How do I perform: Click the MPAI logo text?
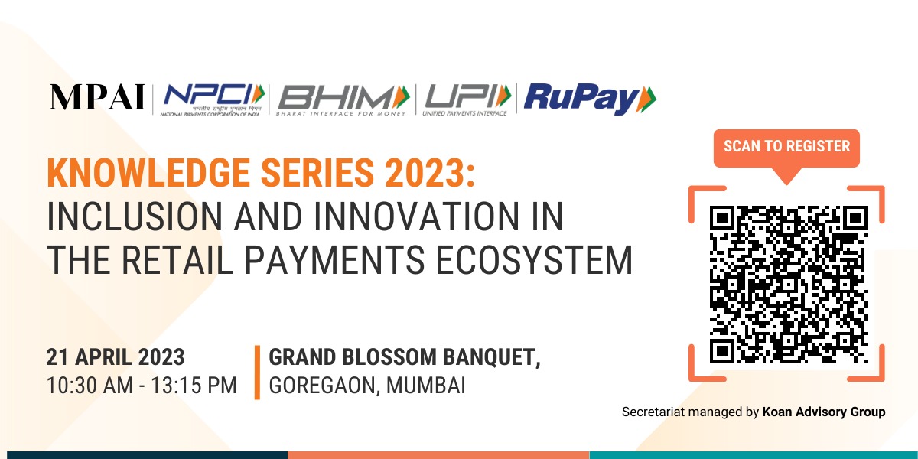[x=97, y=98]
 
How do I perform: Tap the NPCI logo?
[x=212, y=98]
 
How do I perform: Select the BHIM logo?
[x=343, y=98]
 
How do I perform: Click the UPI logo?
[x=467, y=98]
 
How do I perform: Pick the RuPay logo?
[x=590, y=99]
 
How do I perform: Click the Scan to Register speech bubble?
[x=786, y=146]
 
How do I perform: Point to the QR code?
[x=787, y=282]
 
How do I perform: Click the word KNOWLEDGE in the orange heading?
[x=152, y=174]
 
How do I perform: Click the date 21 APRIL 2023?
[x=116, y=357]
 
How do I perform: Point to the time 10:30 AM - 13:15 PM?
[x=142, y=386]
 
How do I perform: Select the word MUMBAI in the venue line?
[x=425, y=386]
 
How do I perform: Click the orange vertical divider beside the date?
[x=257, y=372]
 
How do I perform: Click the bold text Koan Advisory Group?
[x=824, y=412]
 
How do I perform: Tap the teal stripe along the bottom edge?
[x=754, y=454]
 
